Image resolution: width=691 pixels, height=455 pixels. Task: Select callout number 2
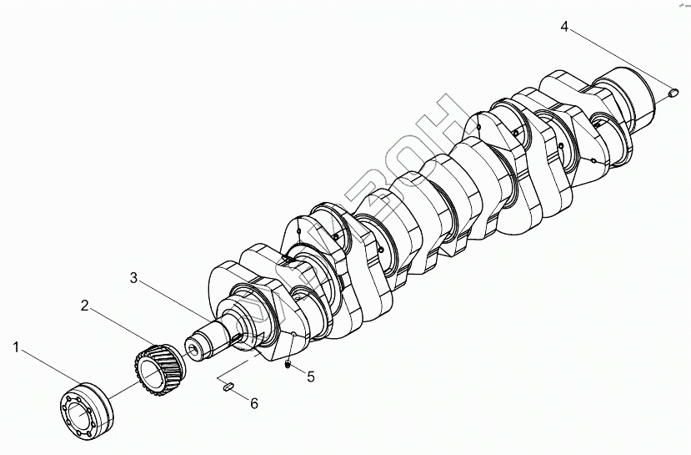[x=85, y=306]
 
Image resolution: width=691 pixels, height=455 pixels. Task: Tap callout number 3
[x=133, y=277]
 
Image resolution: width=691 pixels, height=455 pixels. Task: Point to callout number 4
[x=564, y=28]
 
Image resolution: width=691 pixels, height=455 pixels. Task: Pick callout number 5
[x=310, y=377]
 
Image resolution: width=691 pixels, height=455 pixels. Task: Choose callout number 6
[x=254, y=403]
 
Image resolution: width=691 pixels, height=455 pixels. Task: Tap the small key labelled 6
[x=228, y=385]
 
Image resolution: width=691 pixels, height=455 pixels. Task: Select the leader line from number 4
[x=617, y=59]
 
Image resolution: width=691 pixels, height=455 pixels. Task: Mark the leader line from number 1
[x=46, y=367]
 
